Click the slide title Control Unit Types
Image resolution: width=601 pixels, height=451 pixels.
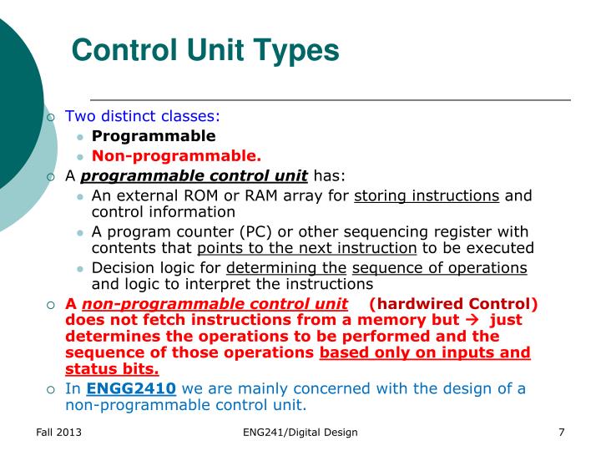tap(205, 51)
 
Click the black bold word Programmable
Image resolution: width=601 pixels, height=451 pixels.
tap(153, 136)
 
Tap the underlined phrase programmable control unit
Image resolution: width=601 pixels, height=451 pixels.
tap(194, 175)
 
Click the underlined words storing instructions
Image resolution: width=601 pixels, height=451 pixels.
tap(427, 195)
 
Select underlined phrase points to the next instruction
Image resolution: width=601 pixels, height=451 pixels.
tap(306, 248)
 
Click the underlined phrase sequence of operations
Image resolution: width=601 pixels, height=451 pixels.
tap(439, 267)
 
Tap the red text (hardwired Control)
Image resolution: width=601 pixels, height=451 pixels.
tap(453, 303)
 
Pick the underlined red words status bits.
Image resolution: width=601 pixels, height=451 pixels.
tap(112, 369)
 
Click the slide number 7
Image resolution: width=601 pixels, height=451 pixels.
tap(562, 432)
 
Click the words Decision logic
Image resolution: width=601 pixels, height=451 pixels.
tap(134, 267)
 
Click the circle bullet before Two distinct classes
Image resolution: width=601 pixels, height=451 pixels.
tap(52, 117)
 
